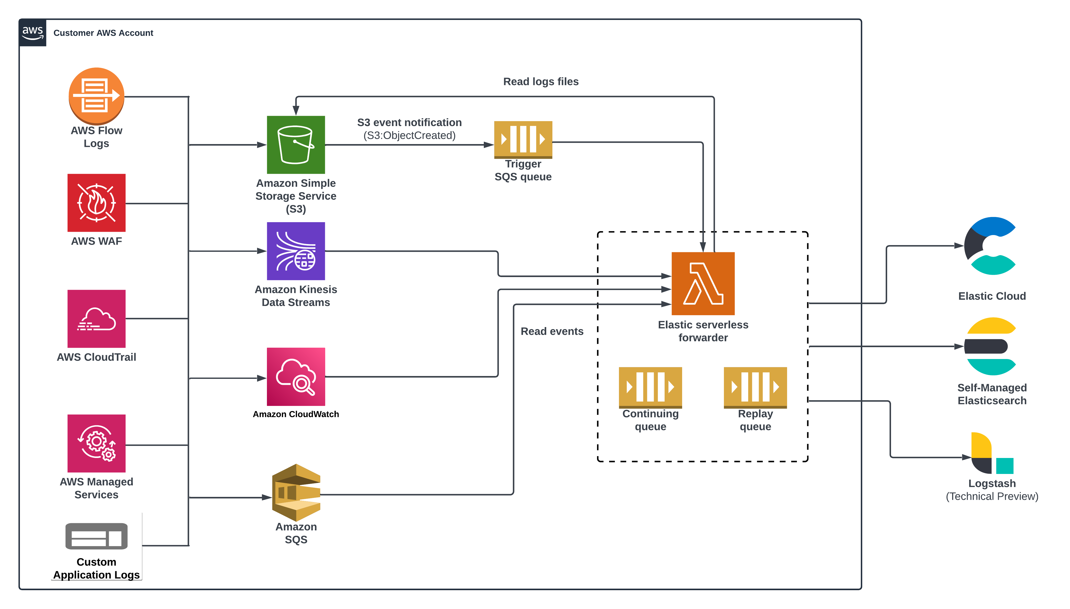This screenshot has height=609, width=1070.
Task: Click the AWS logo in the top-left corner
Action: [x=33, y=33]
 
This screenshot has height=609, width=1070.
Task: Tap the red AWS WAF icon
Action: [x=96, y=203]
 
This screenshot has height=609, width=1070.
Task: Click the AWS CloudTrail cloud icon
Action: [x=96, y=319]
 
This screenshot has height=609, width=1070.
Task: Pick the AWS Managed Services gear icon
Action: [x=96, y=443]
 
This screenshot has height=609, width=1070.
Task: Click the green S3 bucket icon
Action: [x=296, y=145]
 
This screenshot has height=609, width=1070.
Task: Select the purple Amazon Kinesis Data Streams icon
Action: [x=296, y=251]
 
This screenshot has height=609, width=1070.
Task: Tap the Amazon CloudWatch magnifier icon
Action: [x=296, y=377]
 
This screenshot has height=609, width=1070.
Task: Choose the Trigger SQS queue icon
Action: [x=523, y=139]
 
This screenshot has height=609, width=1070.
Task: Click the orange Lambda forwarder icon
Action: [x=703, y=283]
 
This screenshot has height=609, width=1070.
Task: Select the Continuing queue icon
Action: [x=650, y=387]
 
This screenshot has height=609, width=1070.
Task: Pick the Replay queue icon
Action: [x=755, y=387]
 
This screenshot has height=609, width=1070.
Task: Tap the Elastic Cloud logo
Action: [x=991, y=246]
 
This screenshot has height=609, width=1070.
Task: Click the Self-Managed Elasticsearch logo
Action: [x=991, y=346]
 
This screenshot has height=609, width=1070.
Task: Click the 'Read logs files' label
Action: [x=541, y=81]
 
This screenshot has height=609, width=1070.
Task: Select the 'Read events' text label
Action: [x=552, y=331]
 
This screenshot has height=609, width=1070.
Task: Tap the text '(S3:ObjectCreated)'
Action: [x=409, y=136]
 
